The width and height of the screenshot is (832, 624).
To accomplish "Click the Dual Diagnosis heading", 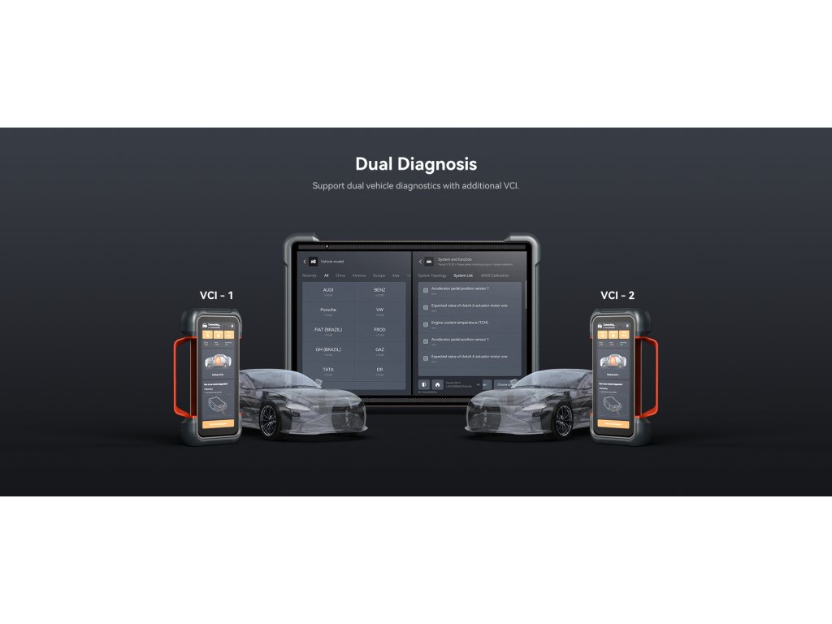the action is pyautogui.click(x=415, y=163).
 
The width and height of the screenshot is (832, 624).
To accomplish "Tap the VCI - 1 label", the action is pyautogui.click(x=216, y=295).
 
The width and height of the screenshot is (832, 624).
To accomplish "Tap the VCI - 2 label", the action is pyautogui.click(x=618, y=295).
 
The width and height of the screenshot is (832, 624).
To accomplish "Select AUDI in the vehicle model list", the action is pyautogui.click(x=328, y=291).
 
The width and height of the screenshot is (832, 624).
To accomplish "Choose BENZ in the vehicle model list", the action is pyautogui.click(x=379, y=291).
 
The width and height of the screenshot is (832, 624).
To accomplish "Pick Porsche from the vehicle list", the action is pyautogui.click(x=328, y=311).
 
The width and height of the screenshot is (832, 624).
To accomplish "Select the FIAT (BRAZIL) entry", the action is pyautogui.click(x=328, y=331).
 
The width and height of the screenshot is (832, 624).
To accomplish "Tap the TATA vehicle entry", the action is pyautogui.click(x=328, y=370).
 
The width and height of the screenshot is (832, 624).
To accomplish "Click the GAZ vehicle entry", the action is pyautogui.click(x=379, y=350).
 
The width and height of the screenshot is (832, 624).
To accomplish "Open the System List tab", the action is pyautogui.click(x=463, y=275).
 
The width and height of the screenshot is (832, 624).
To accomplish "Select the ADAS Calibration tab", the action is pyautogui.click(x=495, y=275).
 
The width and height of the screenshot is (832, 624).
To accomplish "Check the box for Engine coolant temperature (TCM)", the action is pyautogui.click(x=426, y=324).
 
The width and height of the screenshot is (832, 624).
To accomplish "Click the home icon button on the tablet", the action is pyautogui.click(x=437, y=384).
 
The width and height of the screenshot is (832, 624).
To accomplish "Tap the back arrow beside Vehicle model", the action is pyautogui.click(x=305, y=262).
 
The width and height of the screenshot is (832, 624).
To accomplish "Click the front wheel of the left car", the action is pyautogui.click(x=269, y=418).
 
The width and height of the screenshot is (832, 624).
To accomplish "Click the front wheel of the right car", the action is pyautogui.click(x=563, y=418).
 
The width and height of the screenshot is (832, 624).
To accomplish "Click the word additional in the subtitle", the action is pyautogui.click(x=473, y=186).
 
